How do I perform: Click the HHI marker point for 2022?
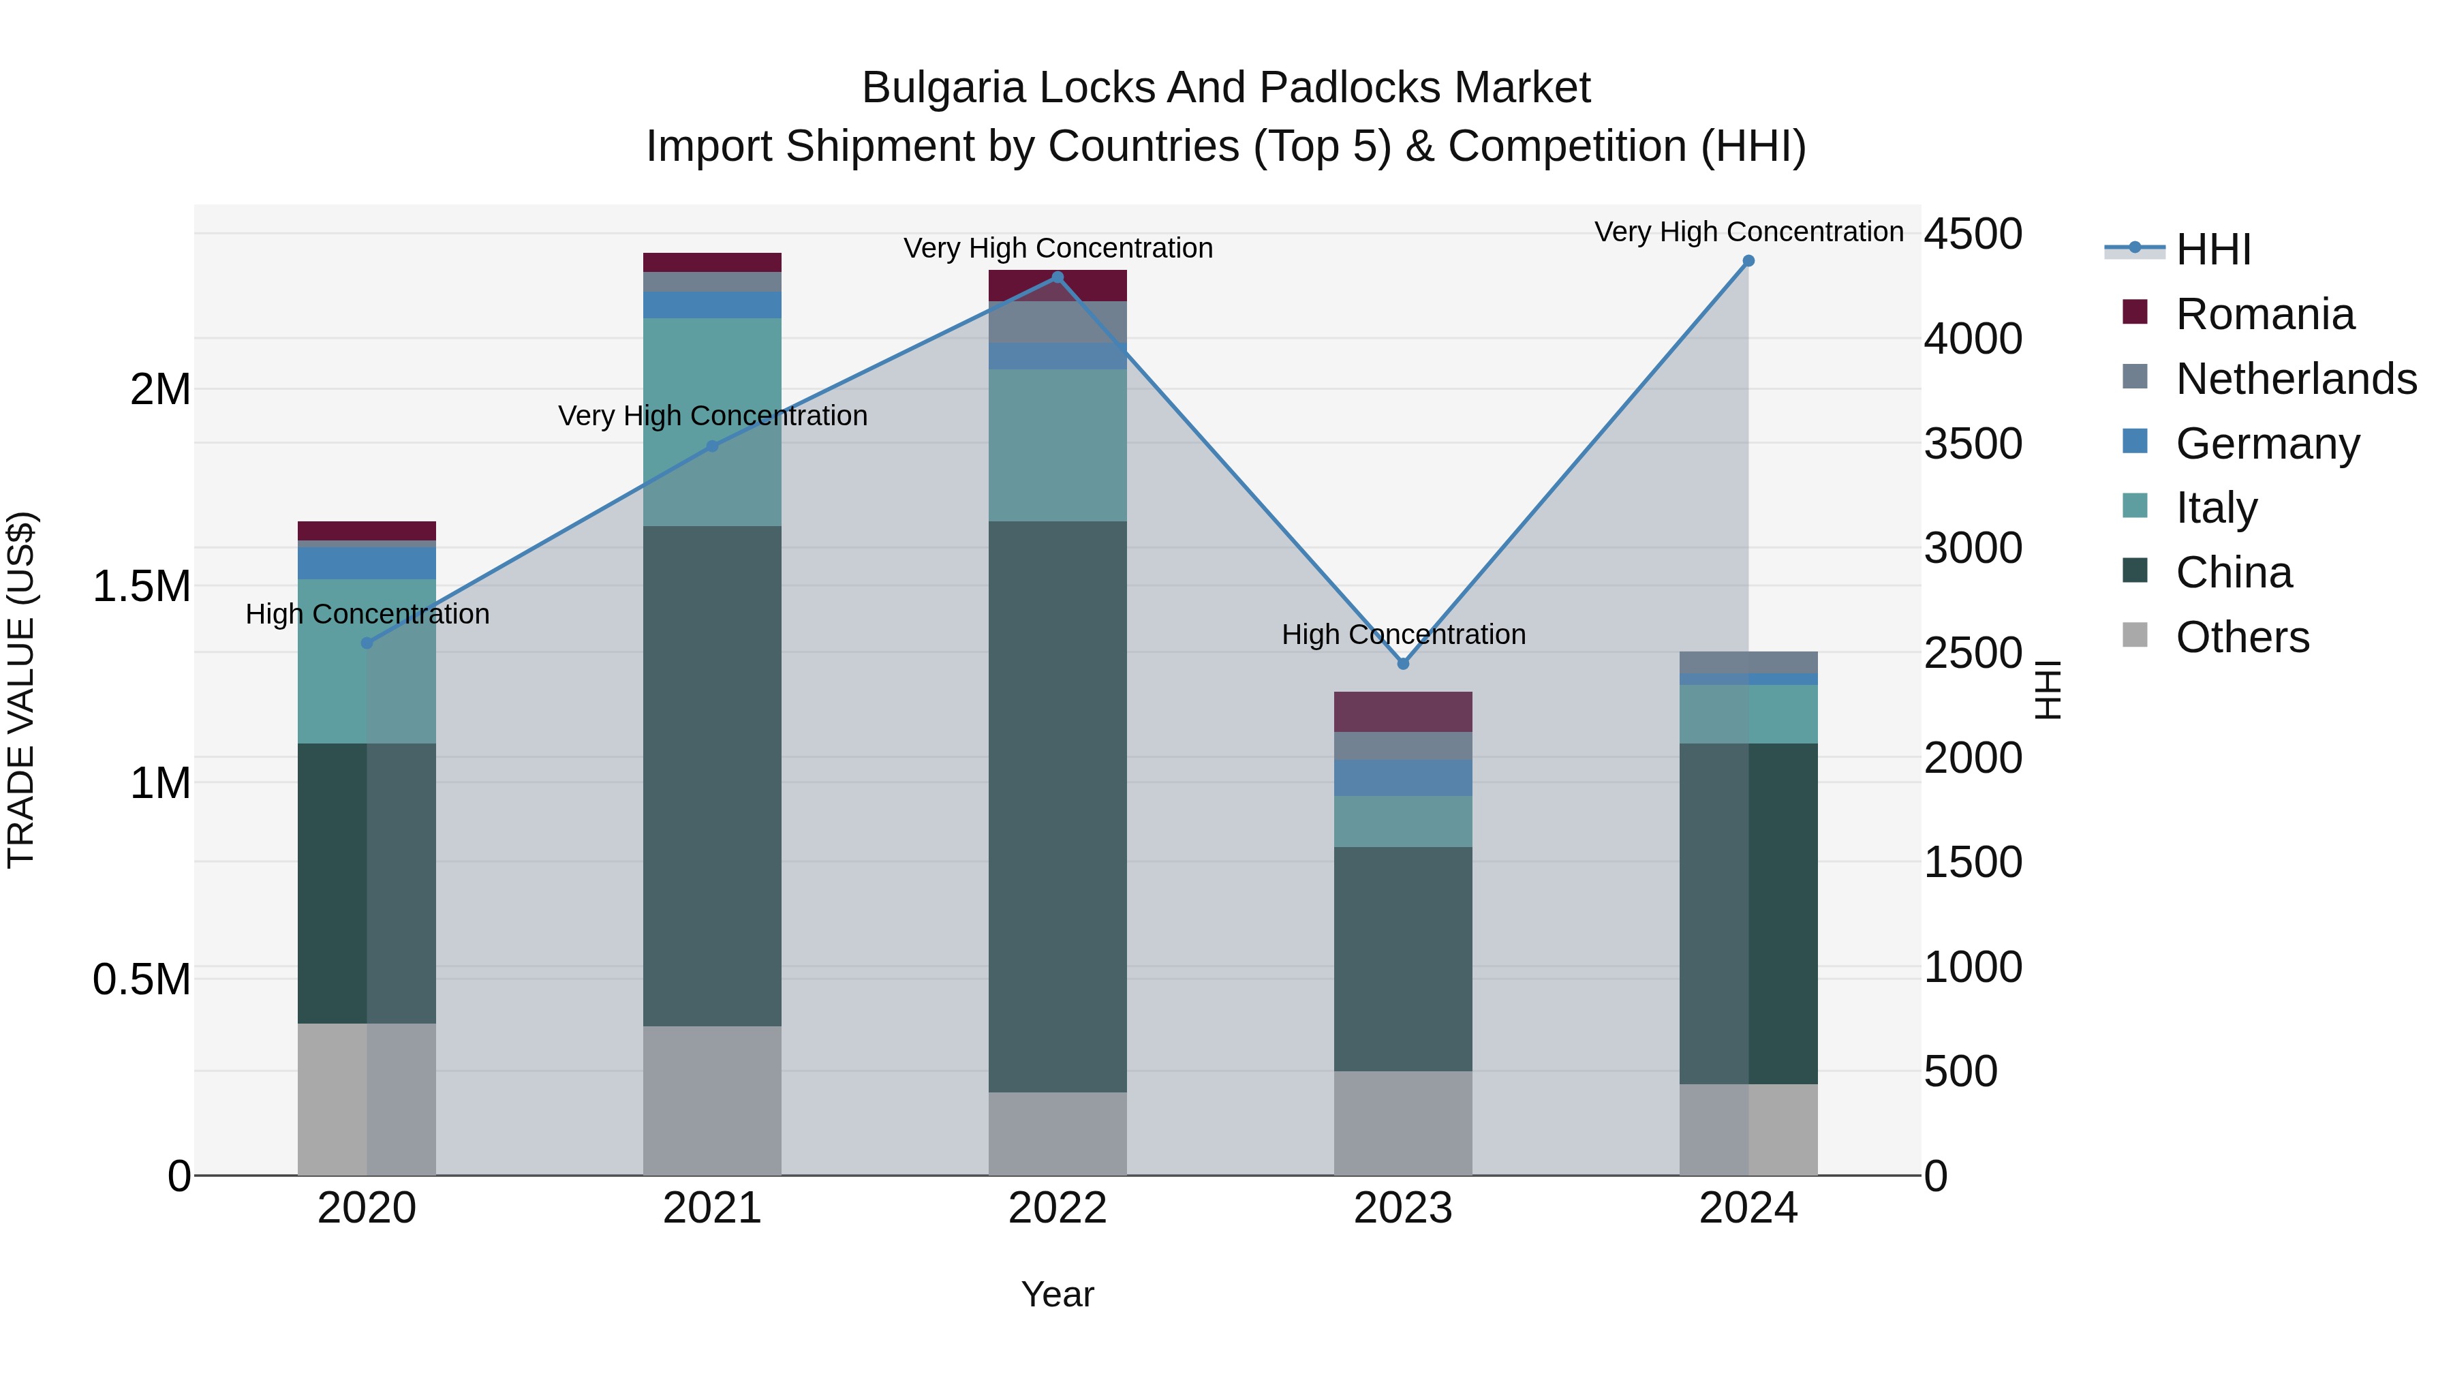click(x=1057, y=277)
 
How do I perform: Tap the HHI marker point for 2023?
click(x=1403, y=664)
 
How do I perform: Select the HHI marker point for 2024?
click(x=1748, y=261)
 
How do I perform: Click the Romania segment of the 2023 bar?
click(x=1403, y=711)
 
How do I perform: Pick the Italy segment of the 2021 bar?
click(x=712, y=422)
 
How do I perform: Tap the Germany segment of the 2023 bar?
click(x=1403, y=777)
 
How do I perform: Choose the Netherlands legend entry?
click(x=2295, y=379)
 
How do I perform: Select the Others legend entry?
click(x=2242, y=637)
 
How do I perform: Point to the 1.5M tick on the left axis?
click(x=142, y=587)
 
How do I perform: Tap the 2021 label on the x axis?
click(x=712, y=1208)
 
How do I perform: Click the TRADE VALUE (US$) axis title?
click(x=21, y=690)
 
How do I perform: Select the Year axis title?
click(x=1057, y=1294)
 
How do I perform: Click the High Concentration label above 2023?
click(x=1403, y=634)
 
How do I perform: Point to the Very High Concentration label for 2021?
click(x=712, y=416)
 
